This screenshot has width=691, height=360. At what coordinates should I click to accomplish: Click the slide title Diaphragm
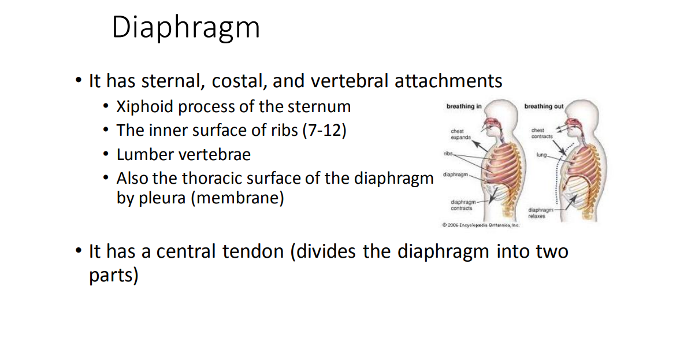pyautogui.click(x=185, y=28)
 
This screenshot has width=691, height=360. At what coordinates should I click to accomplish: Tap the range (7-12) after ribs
pyautogui.click(x=324, y=131)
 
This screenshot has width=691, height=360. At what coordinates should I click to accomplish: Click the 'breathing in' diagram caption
pyautogui.click(x=464, y=106)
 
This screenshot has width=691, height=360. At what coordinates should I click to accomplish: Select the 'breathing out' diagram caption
pyautogui.click(x=544, y=106)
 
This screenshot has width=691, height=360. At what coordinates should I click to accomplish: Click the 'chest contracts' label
pyautogui.click(x=541, y=133)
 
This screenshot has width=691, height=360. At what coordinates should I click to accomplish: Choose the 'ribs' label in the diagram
pyautogui.click(x=448, y=154)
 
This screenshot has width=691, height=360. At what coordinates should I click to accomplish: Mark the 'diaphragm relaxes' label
pyautogui.click(x=540, y=213)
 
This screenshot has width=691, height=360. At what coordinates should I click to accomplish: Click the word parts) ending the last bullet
pyautogui.click(x=113, y=276)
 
